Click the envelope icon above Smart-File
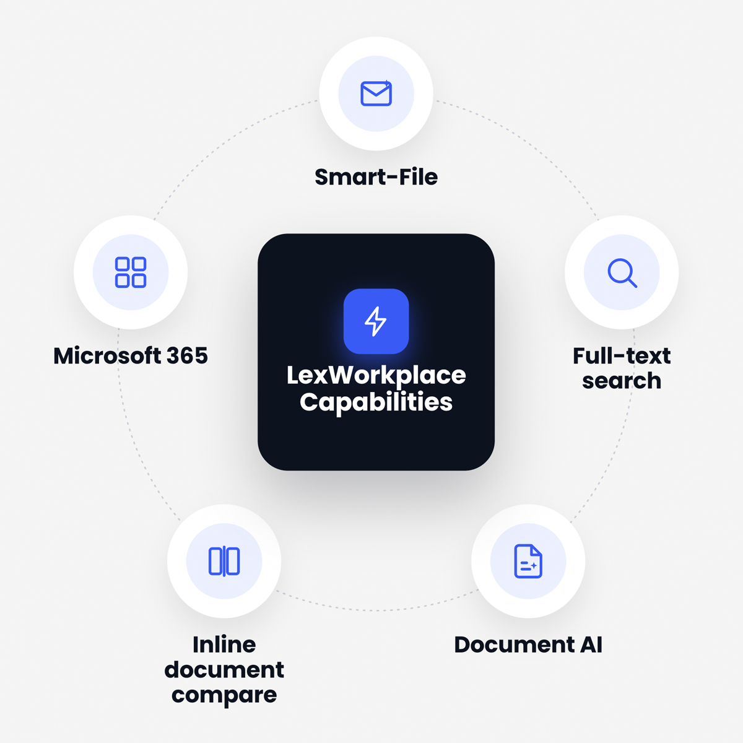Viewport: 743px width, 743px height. (376, 93)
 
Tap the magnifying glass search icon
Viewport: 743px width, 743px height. (622, 273)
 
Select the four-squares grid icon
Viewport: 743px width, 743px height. (131, 272)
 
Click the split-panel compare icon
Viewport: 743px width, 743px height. (224, 561)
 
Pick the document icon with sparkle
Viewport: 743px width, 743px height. (528, 561)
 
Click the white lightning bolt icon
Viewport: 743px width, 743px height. (376, 321)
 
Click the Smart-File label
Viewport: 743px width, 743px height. (376, 177)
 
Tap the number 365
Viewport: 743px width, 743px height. (187, 355)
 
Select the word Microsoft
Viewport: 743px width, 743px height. (106, 355)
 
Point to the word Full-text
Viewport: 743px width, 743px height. (622, 355)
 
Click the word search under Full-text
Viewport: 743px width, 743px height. (622, 381)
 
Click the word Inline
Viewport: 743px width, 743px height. (224, 645)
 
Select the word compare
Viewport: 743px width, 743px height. (224, 695)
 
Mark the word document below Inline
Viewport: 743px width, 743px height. (224, 670)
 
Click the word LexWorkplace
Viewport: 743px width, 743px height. (376, 375)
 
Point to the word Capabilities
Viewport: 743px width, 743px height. (376, 402)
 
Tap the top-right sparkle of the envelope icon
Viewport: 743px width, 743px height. (387, 82)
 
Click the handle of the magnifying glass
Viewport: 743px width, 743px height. (632, 283)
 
